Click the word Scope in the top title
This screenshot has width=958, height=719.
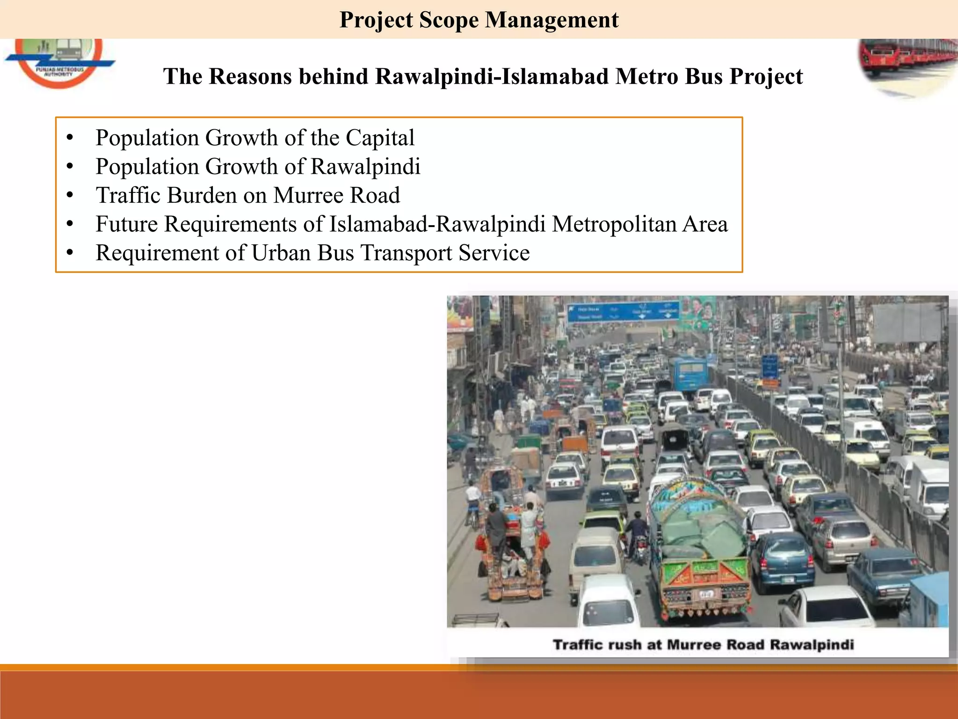tap(449, 20)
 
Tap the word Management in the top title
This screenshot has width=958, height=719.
tap(552, 20)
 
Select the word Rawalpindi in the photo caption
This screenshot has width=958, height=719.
tap(812, 645)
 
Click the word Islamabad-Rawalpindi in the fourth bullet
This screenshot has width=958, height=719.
tap(437, 224)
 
